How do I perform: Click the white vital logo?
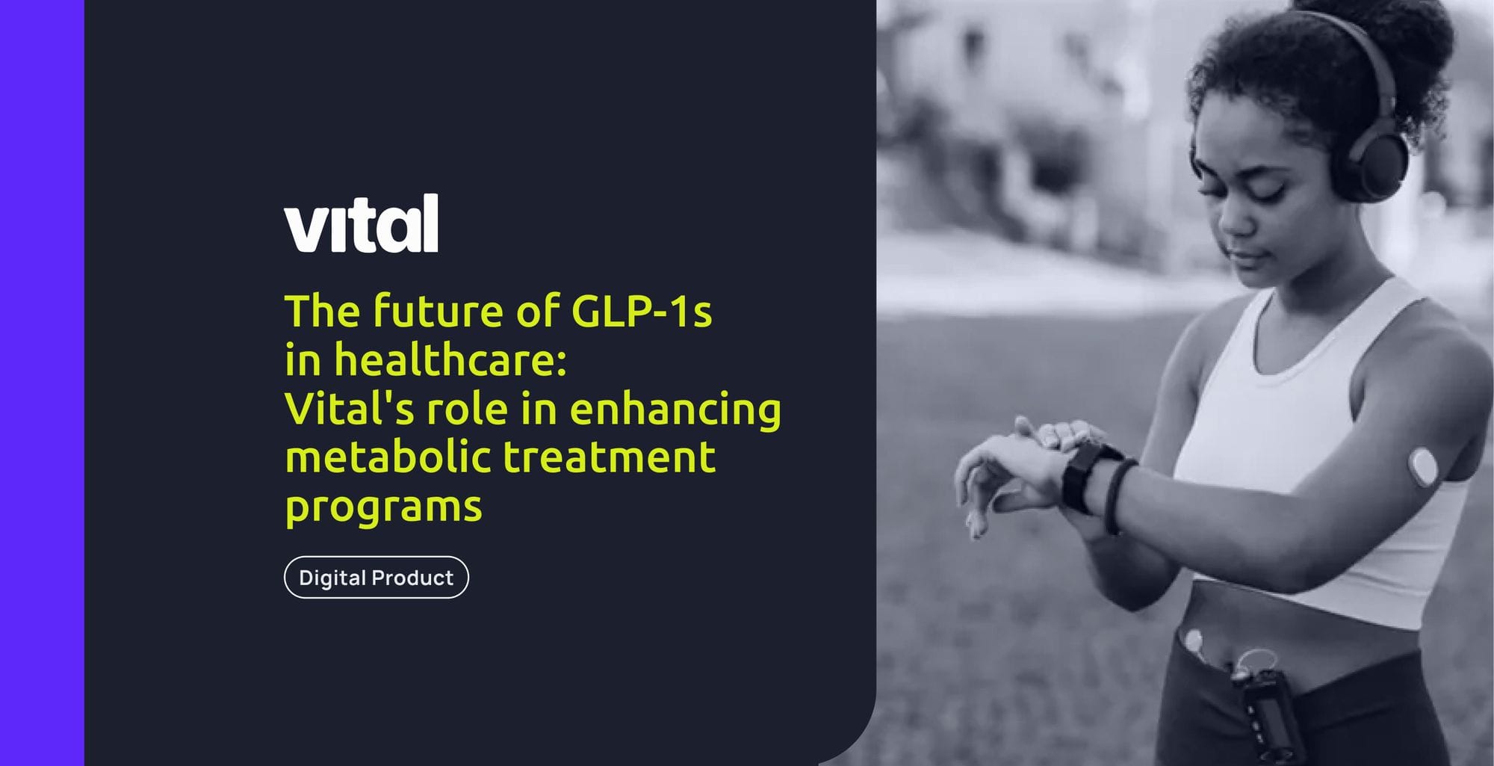click(x=361, y=224)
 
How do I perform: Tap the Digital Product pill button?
click(x=376, y=578)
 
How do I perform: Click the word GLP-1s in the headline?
click(x=641, y=311)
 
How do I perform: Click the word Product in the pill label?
click(x=412, y=578)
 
